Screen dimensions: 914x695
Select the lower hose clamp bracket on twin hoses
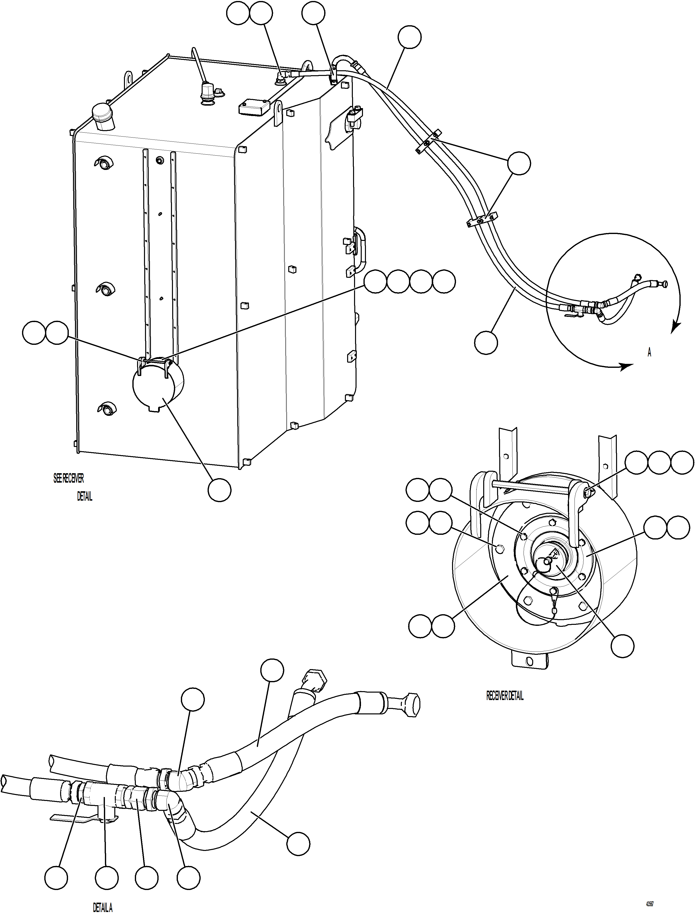click(482, 220)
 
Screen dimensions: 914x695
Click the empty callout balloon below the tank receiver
click(219, 490)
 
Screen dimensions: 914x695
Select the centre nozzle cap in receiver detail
click(547, 561)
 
